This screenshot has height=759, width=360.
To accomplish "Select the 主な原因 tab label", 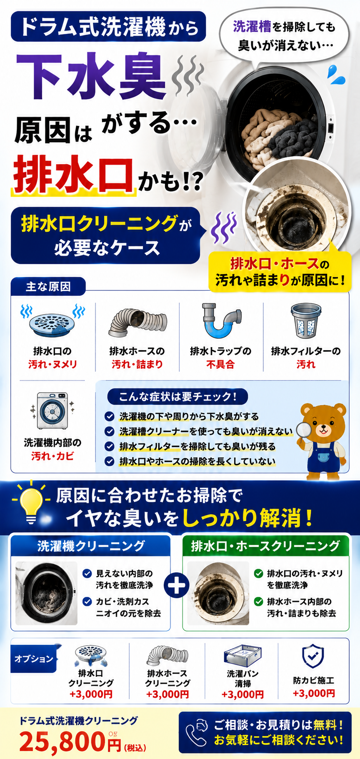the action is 48,287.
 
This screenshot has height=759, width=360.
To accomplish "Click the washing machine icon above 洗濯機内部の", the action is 52,411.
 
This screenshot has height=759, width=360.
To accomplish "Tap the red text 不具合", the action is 220,365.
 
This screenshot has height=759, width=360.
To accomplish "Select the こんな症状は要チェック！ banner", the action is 177,396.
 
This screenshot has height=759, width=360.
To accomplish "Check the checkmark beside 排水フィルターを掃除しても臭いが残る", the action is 109,446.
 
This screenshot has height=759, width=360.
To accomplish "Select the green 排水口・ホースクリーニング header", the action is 265,546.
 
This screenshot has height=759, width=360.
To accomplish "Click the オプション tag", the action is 34,659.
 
